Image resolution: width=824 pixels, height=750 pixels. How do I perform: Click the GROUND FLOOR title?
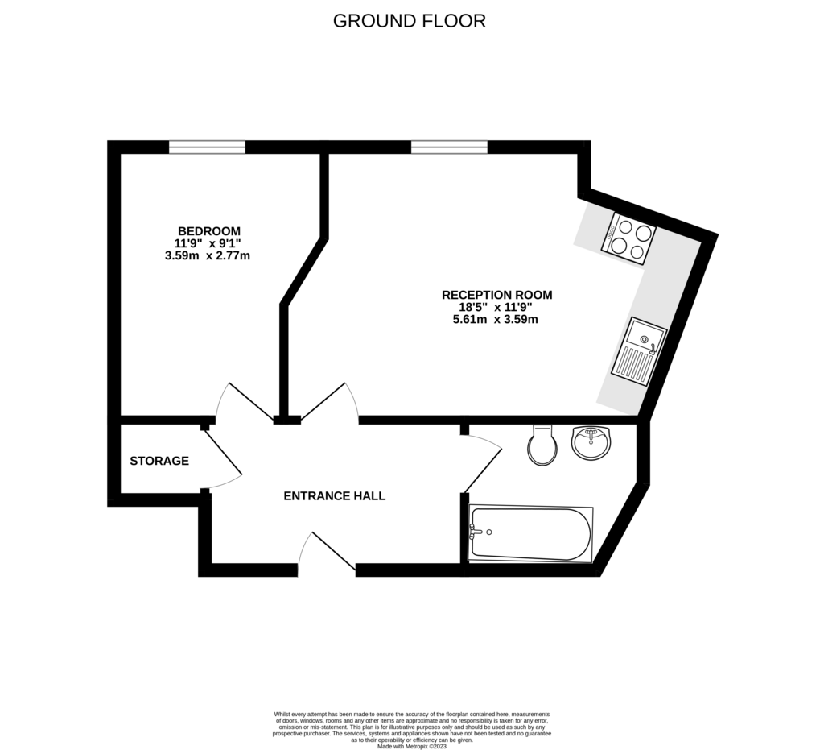click(x=410, y=21)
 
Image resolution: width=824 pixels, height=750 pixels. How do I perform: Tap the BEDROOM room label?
click(x=209, y=231)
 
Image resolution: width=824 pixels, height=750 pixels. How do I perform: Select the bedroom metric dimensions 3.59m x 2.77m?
click(x=207, y=256)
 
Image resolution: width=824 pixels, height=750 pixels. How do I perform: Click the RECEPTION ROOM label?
click(x=496, y=295)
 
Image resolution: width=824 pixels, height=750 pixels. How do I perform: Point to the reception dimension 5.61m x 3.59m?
click(x=495, y=319)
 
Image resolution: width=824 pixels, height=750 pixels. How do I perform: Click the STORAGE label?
click(x=159, y=461)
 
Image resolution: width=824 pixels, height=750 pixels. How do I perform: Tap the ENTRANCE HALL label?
click(x=334, y=496)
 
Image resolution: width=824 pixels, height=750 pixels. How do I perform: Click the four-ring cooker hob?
click(x=628, y=238)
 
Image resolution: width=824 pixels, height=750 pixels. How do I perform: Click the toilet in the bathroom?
click(x=543, y=445)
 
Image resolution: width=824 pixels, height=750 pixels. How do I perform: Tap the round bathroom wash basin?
click(x=591, y=442)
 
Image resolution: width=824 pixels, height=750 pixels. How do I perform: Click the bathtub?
click(x=531, y=534)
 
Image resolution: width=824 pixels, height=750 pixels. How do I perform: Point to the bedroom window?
click(x=207, y=147)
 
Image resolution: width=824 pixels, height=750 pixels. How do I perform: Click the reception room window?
click(x=449, y=147)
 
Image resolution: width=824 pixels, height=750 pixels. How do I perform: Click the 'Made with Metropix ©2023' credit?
click(x=411, y=746)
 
